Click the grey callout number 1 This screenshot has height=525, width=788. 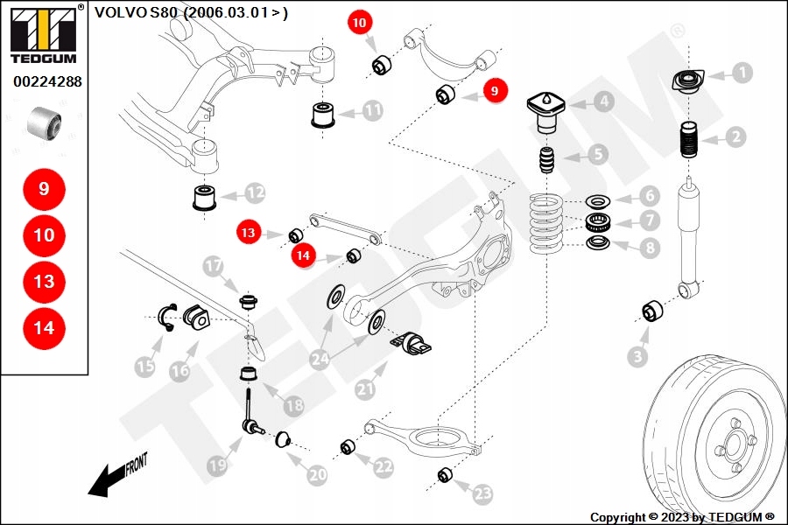coord(742,73)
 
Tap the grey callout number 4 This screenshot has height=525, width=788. coord(603,101)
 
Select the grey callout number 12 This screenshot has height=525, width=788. coord(255,192)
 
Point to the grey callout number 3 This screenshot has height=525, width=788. coord(638,355)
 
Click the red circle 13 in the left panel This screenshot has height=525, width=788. coord(44,282)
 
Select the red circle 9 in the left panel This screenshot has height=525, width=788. coord(44,188)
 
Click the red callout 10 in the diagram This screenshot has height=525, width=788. coord(360,24)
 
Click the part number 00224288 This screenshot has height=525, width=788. coord(47,82)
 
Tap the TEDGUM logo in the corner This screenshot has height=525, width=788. coord(43,34)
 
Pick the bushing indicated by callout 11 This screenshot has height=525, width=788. coord(325,114)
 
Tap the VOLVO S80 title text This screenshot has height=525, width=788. coord(191,12)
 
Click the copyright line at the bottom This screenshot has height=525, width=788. coord(682,517)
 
